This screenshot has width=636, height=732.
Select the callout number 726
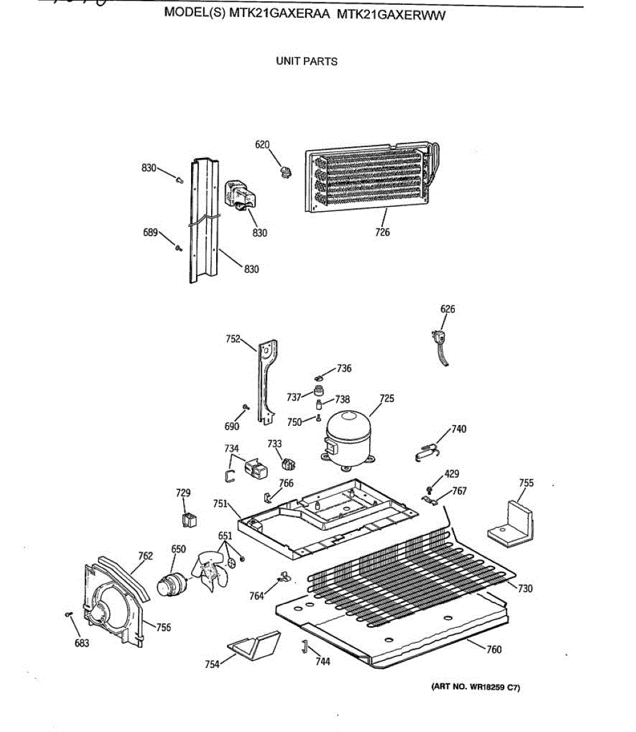[x=383, y=232]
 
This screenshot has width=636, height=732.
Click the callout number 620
[x=262, y=145]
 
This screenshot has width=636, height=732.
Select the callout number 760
[x=494, y=650]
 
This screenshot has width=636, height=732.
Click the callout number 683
[x=82, y=643]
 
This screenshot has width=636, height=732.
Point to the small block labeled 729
[x=189, y=520]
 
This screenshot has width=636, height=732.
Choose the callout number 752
[x=233, y=339]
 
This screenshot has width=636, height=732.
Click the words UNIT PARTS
[x=306, y=61]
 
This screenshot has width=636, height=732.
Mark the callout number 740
[x=459, y=429]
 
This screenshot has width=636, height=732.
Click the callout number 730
[x=525, y=589]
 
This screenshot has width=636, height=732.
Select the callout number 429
[x=452, y=474]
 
